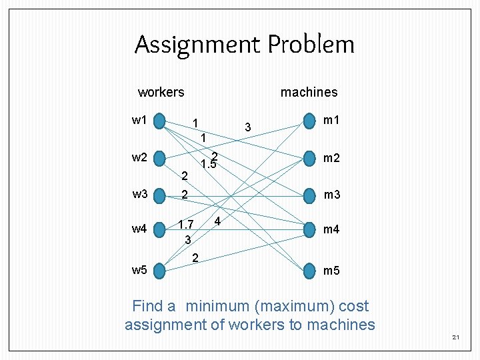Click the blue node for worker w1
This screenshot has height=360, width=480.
point(159,121)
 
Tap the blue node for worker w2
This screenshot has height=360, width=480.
point(159,158)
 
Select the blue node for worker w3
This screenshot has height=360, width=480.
point(159,195)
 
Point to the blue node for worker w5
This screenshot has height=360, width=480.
point(159,270)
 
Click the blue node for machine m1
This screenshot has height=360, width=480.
point(308,121)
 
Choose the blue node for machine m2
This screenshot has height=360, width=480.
point(308,158)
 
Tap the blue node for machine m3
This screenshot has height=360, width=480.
point(308,195)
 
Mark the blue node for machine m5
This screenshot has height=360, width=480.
point(308,270)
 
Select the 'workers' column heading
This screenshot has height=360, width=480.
point(161,92)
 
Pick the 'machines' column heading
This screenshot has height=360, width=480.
point(309,92)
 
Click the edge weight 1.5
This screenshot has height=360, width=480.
point(209,164)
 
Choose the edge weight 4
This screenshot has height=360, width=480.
point(217,221)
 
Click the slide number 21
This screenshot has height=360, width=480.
point(455,338)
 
